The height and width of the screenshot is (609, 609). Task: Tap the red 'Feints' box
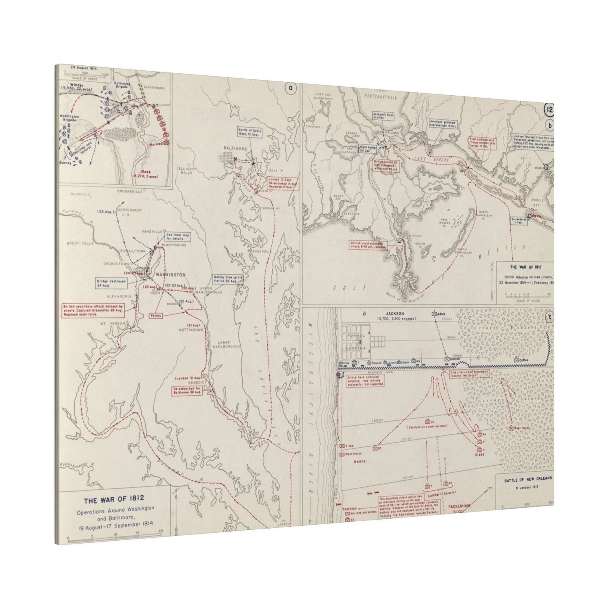pyautogui.click(x=157, y=315)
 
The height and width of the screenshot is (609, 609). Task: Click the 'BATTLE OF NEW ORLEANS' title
pyautogui.click(x=527, y=480)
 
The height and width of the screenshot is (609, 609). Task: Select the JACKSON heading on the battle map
pyautogui.click(x=394, y=314)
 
